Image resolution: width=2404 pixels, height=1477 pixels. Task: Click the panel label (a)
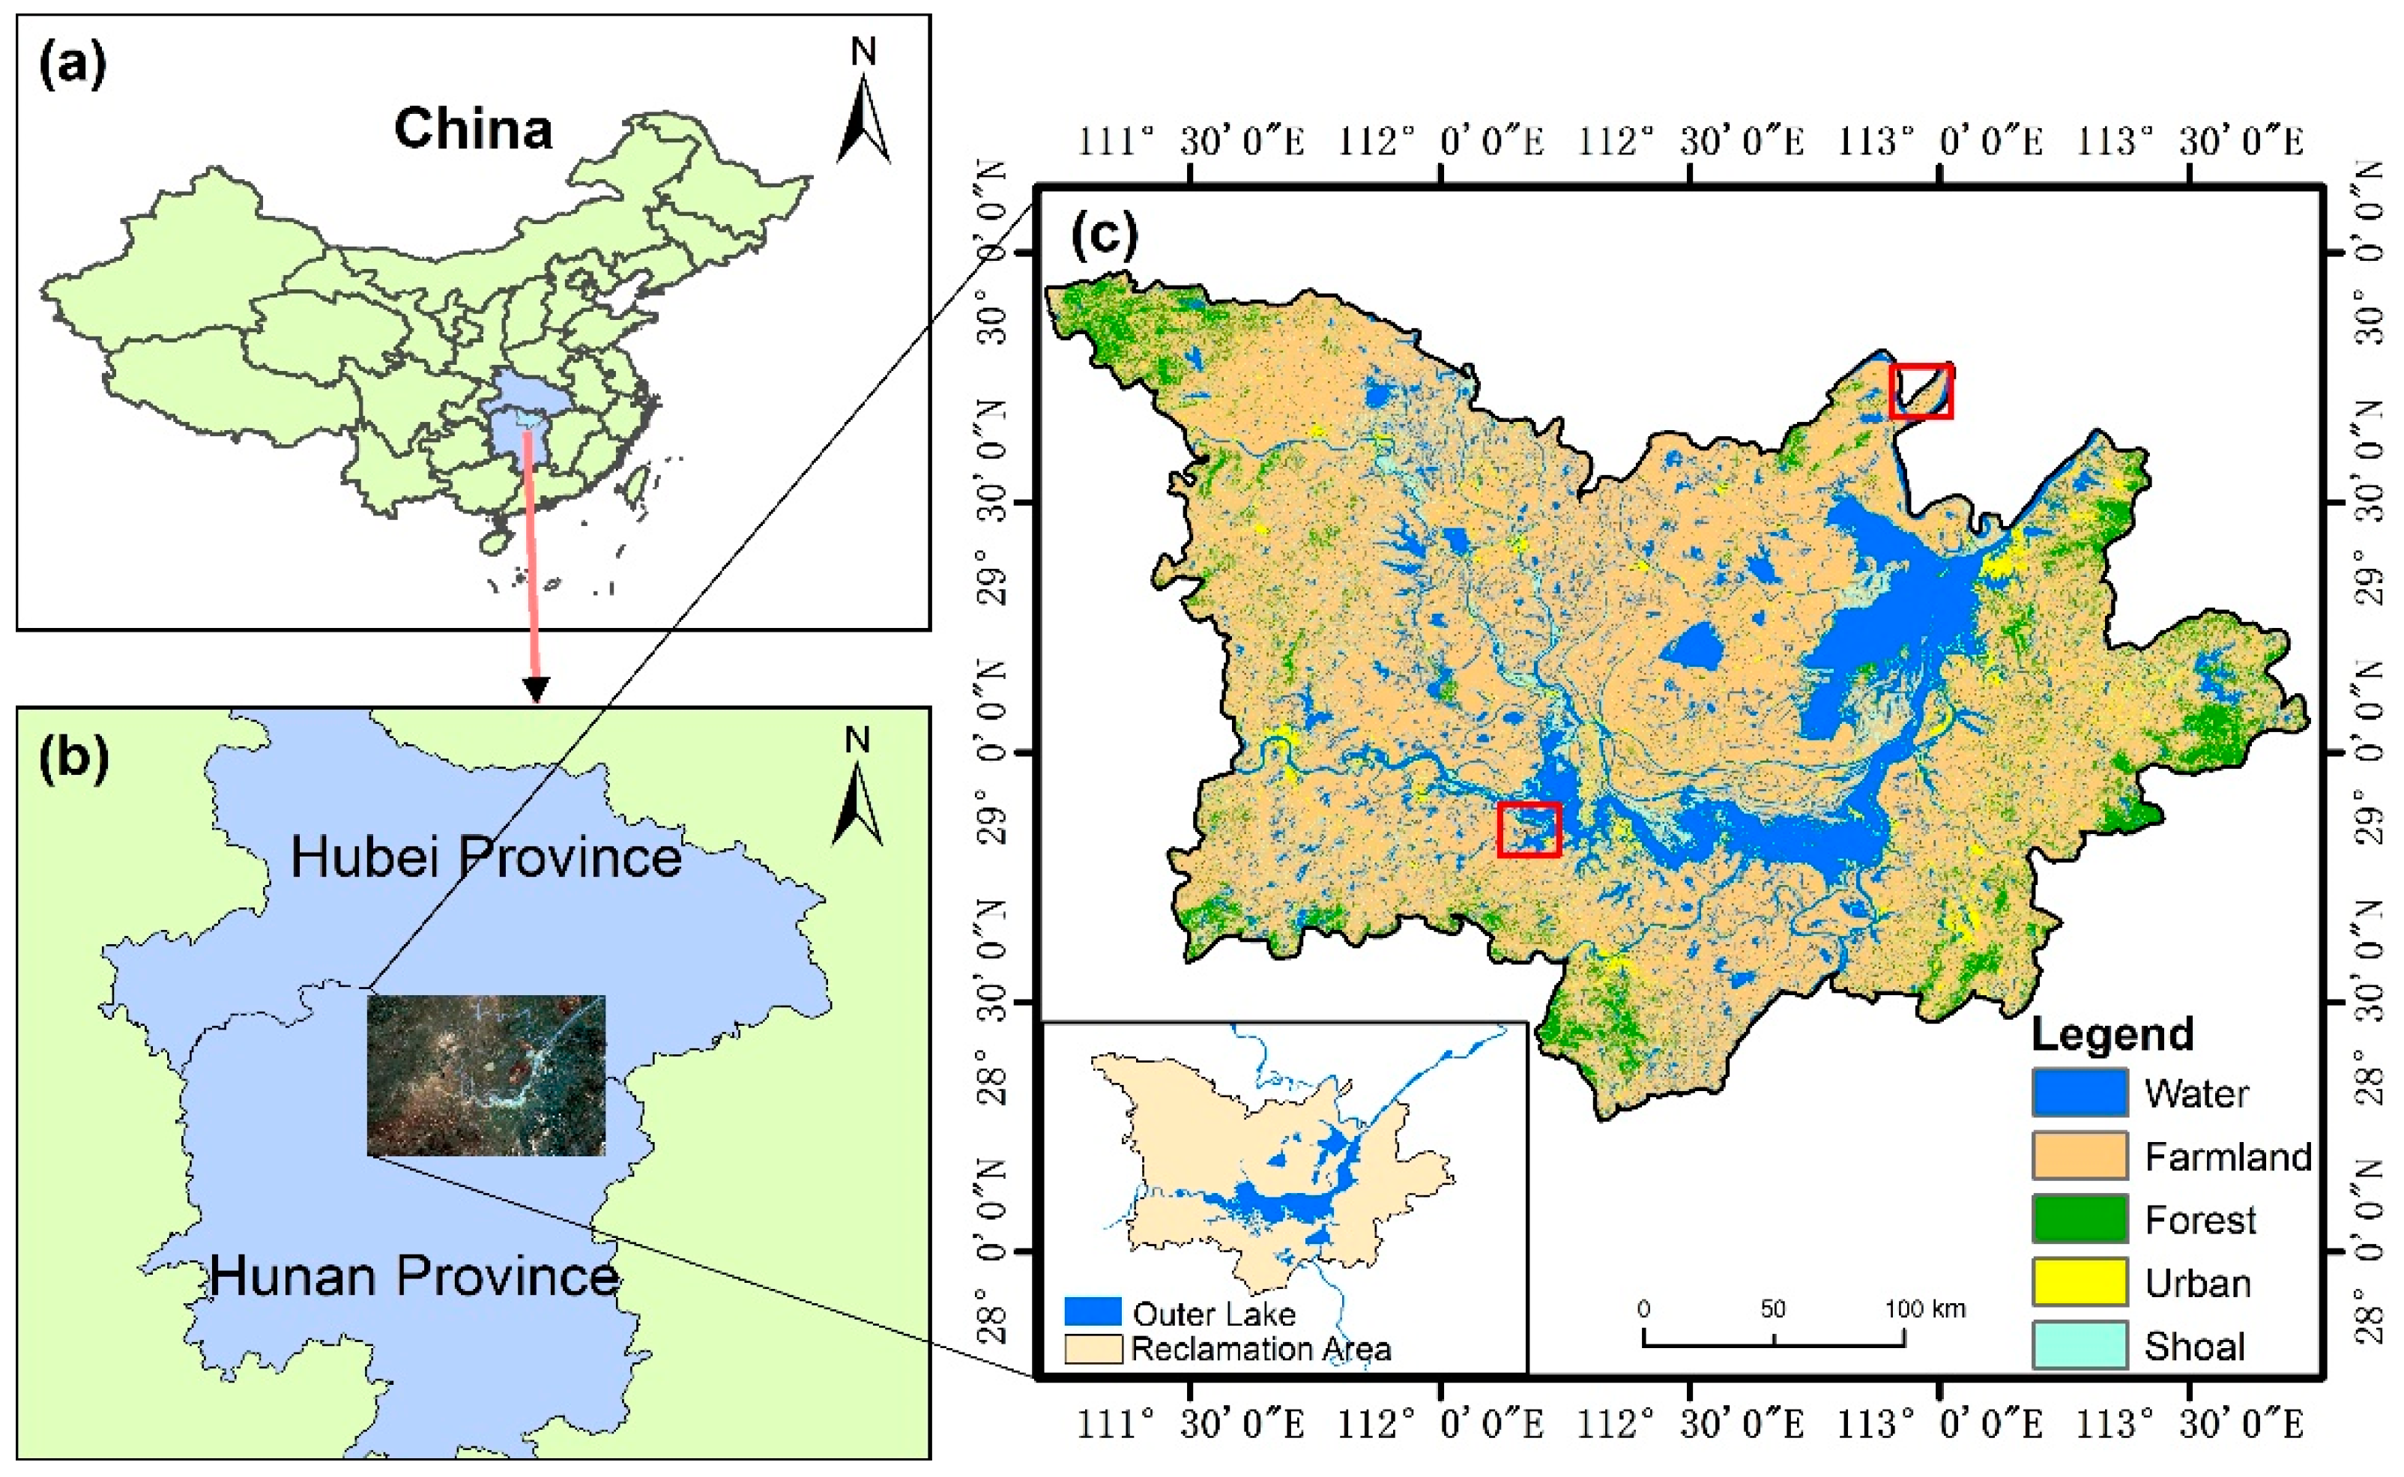pyautogui.click(x=71, y=67)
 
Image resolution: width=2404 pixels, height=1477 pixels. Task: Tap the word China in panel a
pyautogui.click(x=473, y=129)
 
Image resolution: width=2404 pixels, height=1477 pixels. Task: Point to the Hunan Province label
pyautogui.click(x=414, y=1275)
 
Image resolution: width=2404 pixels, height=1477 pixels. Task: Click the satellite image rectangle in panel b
pyautogui.click(x=486, y=1075)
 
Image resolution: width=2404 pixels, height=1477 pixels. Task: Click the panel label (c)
pyautogui.click(x=1105, y=235)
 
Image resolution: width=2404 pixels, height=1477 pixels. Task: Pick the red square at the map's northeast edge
pyautogui.click(x=1921, y=390)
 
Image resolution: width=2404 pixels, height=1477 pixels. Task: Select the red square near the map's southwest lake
pyautogui.click(x=1529, y=830)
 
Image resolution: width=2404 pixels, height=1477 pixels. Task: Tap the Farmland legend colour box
pyautogui.click(x=2080, y=1156)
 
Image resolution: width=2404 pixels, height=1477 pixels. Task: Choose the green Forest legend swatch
pyautogui.click(x=2080, y=1219)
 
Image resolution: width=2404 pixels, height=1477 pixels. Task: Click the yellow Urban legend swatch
pyautogui.click(x=2080, y=1283)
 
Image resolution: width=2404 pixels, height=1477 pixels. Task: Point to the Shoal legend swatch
pyautogui.click(x=2080, y=1346)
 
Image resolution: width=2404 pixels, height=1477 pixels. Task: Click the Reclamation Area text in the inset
pyautogui.click(x=1260, y=1349)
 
